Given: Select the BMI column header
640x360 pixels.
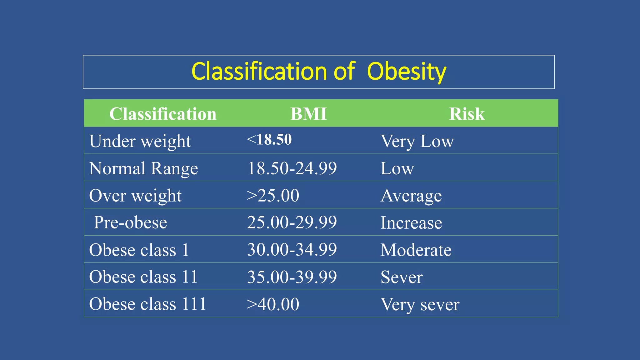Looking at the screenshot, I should click(x=308, y=114).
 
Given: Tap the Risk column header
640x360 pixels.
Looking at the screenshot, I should click(x=467, y=114).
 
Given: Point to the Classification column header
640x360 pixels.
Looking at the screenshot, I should click(x=162, y=114).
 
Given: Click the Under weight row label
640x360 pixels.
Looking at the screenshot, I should click(x=140, y=141).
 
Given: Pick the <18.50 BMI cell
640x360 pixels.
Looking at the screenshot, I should click(x=269, y=139).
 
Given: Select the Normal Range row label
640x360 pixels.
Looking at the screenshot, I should click(x=143, y=168).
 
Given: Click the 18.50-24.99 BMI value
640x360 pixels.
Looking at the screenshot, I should click(x=292, y=168).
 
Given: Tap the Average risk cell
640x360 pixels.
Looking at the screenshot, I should click(x=411, y=196).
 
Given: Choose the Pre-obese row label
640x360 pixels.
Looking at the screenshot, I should click(x=130, y=222).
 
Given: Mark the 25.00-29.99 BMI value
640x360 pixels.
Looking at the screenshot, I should click(x=292, y=222).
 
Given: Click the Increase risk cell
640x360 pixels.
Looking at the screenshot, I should click(x=411, y=223).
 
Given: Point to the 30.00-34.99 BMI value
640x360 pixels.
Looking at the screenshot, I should click(x=292, y=250).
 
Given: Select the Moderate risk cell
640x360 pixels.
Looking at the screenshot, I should click(x=416, y=250).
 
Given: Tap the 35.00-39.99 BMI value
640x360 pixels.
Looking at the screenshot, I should click(x=292, y=277).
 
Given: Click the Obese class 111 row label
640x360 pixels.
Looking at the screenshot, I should click(x=147, y=304).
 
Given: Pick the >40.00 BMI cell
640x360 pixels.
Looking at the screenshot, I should click(x=273, y=304).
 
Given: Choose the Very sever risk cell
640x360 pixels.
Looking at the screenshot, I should click(x=420, y=304).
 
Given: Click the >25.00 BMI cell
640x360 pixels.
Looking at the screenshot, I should click(x=273, y=196).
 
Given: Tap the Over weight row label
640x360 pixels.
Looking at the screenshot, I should click(x=135, y=196).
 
